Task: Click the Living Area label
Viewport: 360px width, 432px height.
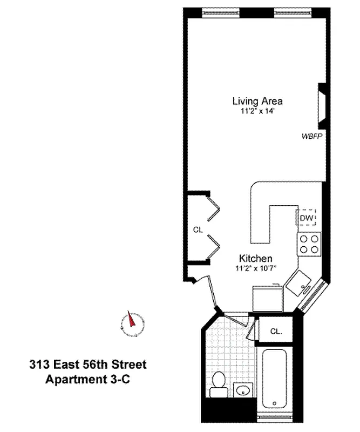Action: pos(257,101)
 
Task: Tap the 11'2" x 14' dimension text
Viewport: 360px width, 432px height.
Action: pos(257,111)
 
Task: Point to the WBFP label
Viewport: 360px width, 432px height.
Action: pos(311,137)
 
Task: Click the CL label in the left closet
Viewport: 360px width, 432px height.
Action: pos(198,230)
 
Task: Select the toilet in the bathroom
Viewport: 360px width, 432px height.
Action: pos(219,380)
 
